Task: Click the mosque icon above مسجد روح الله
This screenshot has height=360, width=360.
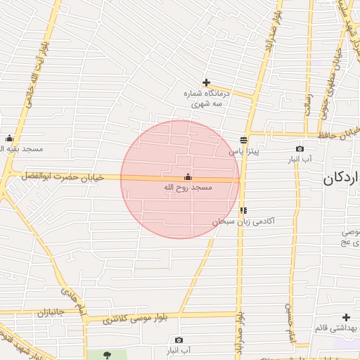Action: pyautogui.click(x=187, y=177)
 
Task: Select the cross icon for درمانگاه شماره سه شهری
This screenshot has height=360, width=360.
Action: pyautogui.click(x=206, y=83)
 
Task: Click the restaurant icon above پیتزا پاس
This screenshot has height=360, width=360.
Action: pyautogui.click(x=243, y=140)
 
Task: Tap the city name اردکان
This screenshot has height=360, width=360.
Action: pyautogui.click(x=342, y=179)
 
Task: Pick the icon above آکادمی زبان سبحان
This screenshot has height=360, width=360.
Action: pyautogui.click(x=243, y=210)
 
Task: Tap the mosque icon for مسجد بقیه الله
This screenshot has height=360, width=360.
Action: pyautogui.click(x=9, y=138)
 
